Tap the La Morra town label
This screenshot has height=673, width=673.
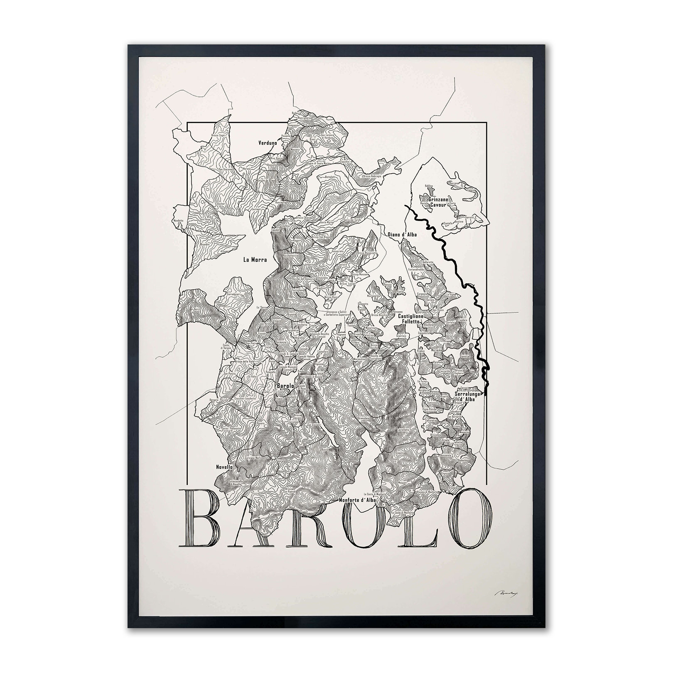[255, 260]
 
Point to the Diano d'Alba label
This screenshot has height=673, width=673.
[402, 234]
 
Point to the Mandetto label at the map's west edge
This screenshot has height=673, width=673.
[178, 221]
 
